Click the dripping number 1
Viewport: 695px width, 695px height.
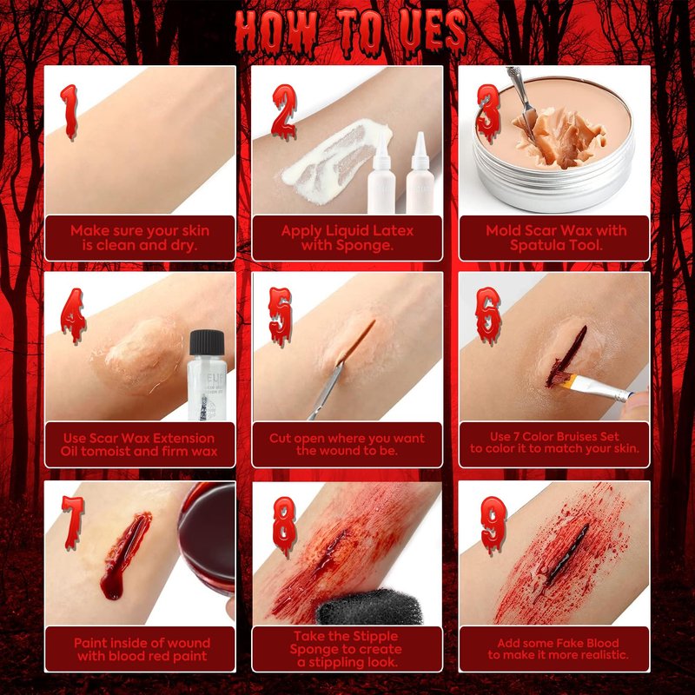point(69,112)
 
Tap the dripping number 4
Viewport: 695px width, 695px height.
point(74,315)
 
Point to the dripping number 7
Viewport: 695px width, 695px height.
point(73,522)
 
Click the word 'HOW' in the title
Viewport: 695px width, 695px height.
point(276,32)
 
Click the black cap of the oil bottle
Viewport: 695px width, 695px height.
point(207,342)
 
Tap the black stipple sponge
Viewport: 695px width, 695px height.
point(368,607)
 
